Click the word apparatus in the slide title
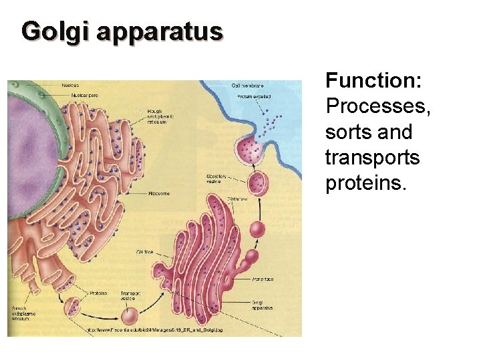(x=159, y=31)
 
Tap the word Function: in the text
(x=373, y=82)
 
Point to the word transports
(x=372, y=158)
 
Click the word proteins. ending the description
(x=365, y=183)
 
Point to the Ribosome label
(x=160, y=194)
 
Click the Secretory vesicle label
(x=218, y=178)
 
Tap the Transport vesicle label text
(x=130, y=296)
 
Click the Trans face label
(x=263, y=279)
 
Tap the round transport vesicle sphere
(x=129, y=316)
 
